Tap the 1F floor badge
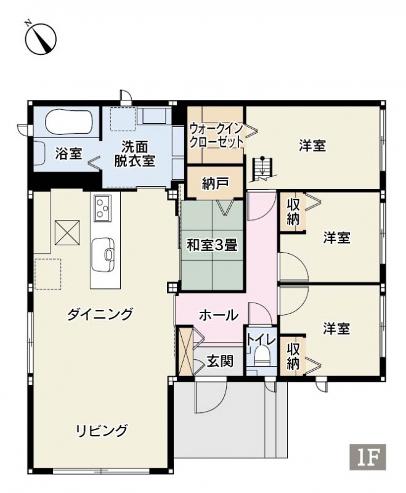pyautogui.click(x=367, y=457)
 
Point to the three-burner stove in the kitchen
pyautogui.click(x=103, y=206)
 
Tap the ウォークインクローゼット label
pyautogui.click(x=216, y=136)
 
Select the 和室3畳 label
pyautogui.click(x=212, y=245)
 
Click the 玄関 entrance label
pyautogui.click(x=220, y=361)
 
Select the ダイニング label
pyautogui.click(x=100, y=314)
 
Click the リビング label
pyautogui.click(x=102, y=430)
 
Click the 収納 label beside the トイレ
pyautogui.click(x=293, y=356)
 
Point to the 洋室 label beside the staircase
pyautogui.click(x=312, y=145)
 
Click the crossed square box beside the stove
pyautogui.click(x=67, y=232)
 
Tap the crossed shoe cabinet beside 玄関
pyautogui.click(x=185, y=351)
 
